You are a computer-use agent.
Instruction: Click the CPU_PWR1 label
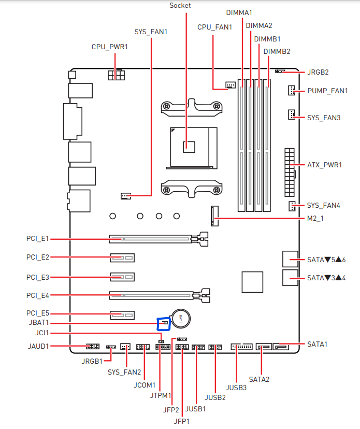(x=109, y=47)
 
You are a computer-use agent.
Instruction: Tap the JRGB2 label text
(x=318, y=72)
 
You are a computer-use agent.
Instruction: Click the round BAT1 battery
(x=181, y=318)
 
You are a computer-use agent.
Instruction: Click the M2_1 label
(x=315, y=219)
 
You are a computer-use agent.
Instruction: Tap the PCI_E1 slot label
(x=37, y=239)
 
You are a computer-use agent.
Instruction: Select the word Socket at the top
(x=180, y=6)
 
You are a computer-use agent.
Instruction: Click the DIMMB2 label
(x=277, y=51)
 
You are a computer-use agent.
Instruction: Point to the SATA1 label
(x=318, y=344)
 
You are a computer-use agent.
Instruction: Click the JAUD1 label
(x=38, y=346)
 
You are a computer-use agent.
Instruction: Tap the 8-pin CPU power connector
(x=117, y=75)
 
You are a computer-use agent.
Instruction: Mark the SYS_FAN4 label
(x=324, y=206)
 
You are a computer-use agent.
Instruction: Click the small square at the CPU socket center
(x=189, y=146)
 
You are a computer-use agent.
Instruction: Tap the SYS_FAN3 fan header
(x=292, y=114)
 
